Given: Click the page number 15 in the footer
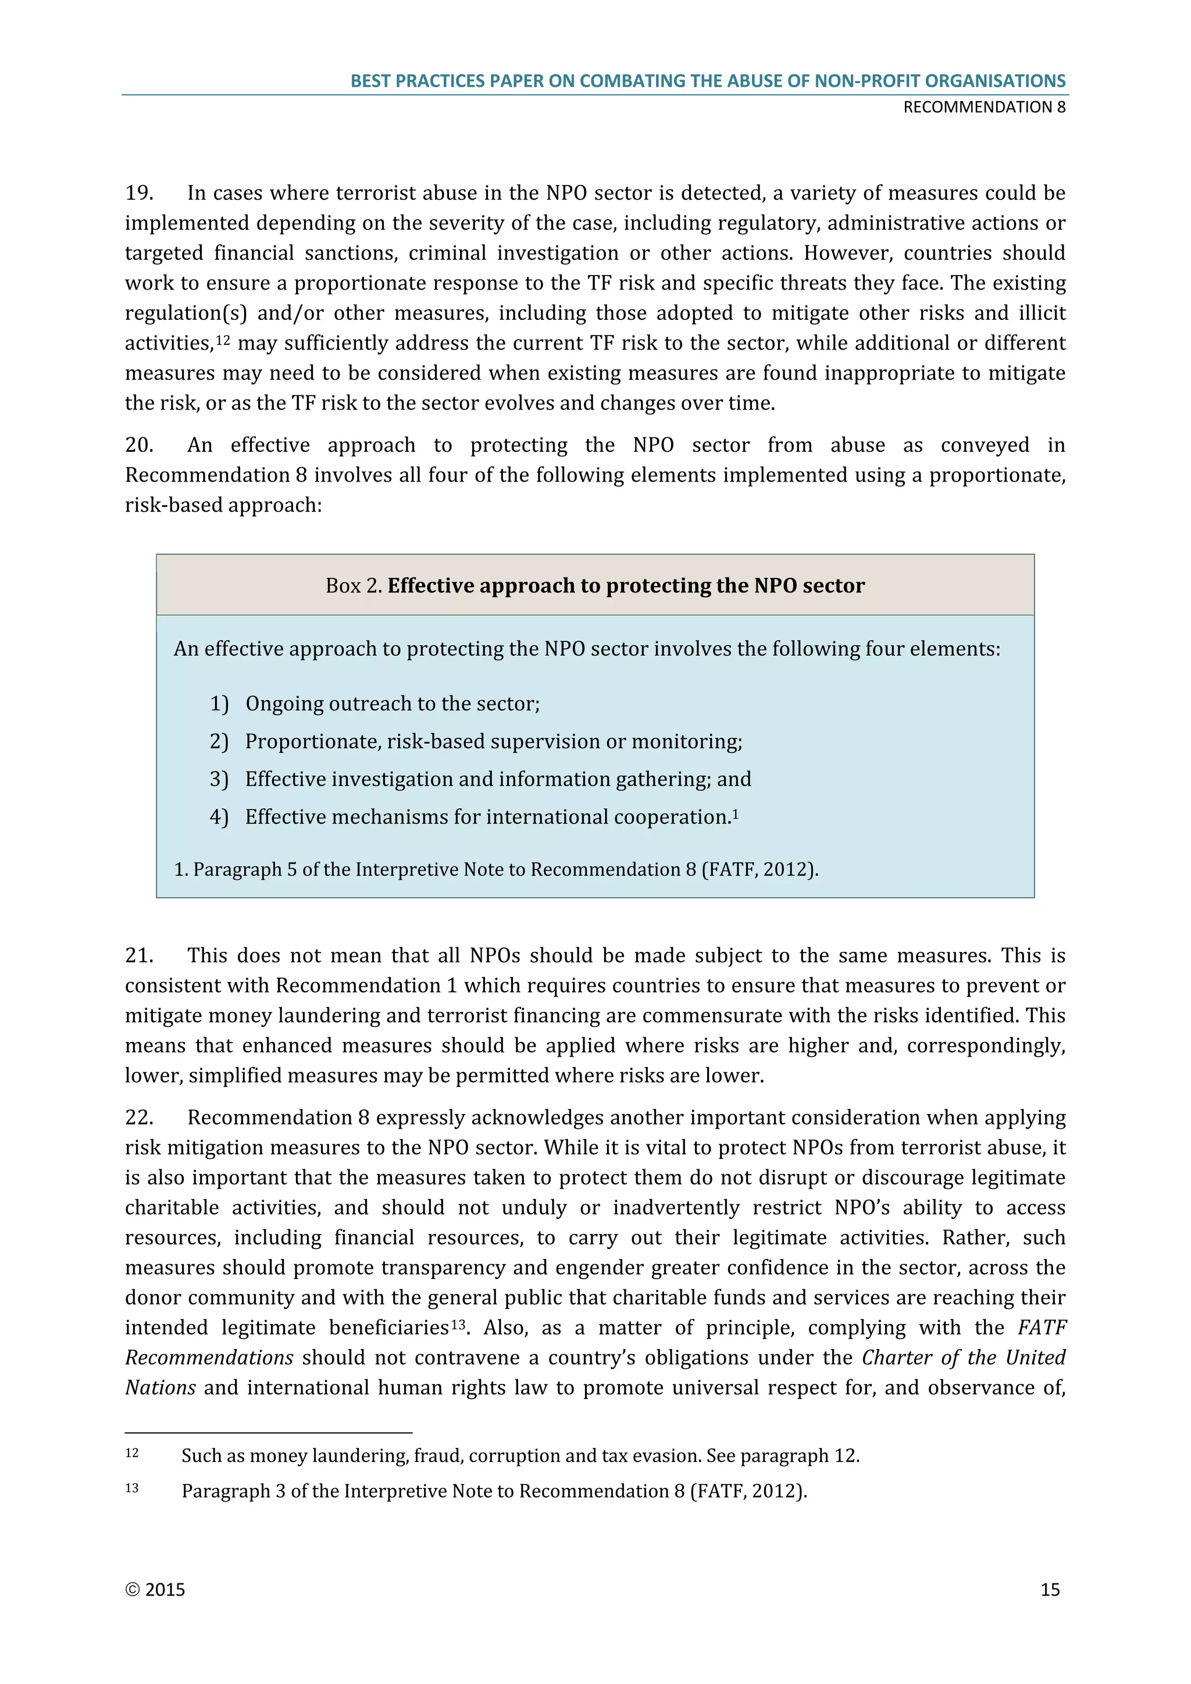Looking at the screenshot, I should (x=1050, y=1589).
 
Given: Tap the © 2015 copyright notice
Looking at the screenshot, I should (x=155, y=1589).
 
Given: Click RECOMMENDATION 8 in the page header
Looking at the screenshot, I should (x=984, y=107).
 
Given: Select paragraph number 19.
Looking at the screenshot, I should (x=138, y=193).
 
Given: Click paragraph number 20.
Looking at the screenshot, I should (x=138, y=445).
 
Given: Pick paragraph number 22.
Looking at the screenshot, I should (x=138, y=1117).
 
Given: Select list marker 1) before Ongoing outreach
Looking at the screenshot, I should (x=219, y=704).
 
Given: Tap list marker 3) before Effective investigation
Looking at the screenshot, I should (x=219, y=779).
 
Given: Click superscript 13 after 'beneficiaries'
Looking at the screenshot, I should (x=458, y=1324).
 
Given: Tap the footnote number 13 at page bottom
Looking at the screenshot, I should (x=131, y=1488).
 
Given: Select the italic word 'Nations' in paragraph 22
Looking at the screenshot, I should (x=160, y=1387).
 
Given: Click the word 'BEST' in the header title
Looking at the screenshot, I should (x=370, y=81).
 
